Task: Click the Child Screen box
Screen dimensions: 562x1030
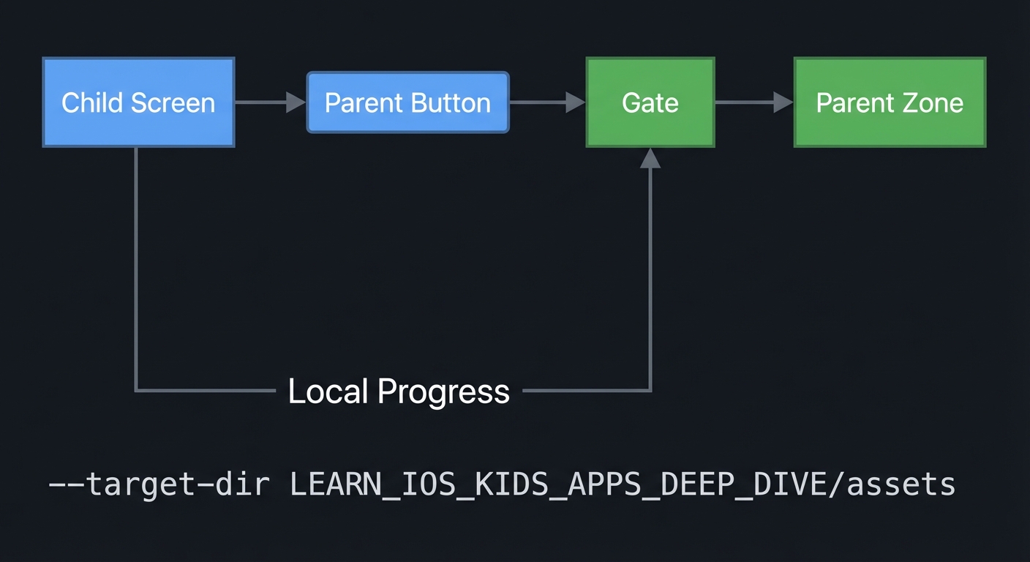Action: [x=138, y=102]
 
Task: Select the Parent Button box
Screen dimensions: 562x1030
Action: [x=407, y=102]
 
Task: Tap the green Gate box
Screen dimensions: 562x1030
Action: [x=650, y=102]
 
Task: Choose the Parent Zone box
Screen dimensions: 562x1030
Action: [x=890, y=102]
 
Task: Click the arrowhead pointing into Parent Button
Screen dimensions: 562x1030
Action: [x=296, y=102]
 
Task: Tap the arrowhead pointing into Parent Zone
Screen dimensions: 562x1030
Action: [x=783, y=102]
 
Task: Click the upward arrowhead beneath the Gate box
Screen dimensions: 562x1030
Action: [x=650, y=158]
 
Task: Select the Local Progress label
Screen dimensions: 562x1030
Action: [x=399, y=391]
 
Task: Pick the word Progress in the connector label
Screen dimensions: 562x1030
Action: [x=443, y=392]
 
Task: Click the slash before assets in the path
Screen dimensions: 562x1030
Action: [x=838, y=485]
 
